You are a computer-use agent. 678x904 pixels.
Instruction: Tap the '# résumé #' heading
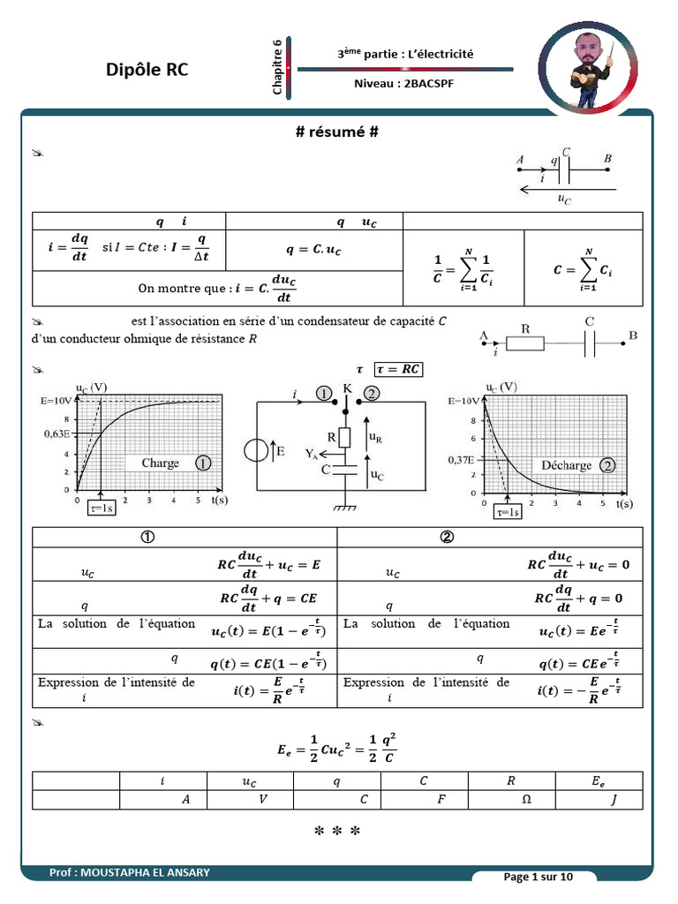tap(337, 132)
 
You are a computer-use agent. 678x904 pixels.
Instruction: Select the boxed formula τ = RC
tap(398, 369)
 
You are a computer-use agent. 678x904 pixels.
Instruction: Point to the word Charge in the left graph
tap(160, 463)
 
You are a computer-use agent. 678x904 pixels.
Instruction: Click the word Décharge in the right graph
tap(566, 464)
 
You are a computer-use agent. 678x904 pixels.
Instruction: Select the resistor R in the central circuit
tap(345, 437)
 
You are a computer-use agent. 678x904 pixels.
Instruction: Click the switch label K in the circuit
tap(347, 388)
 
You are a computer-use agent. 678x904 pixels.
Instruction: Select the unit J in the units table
tap(614, 799)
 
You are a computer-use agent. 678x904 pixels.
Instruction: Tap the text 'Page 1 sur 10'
tap(538, 877)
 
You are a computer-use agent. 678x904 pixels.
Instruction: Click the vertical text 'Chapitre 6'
tap(277, 67)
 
